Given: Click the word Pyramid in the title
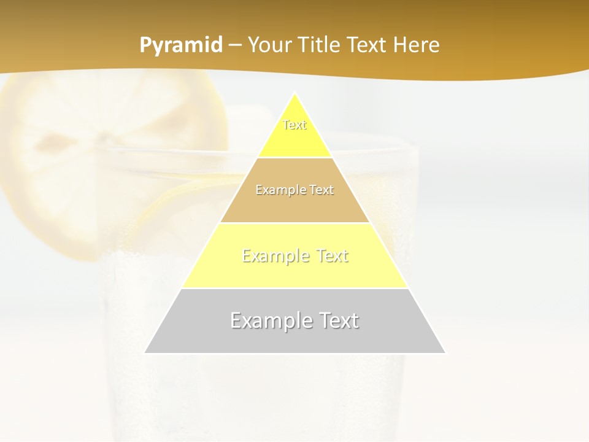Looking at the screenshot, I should (181, 45).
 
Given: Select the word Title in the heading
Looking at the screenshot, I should (321, 45).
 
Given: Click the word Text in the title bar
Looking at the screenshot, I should (369, 45).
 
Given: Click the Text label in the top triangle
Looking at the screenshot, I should (294, 125).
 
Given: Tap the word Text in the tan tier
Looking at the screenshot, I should (321, 190).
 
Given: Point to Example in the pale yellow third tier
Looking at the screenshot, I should (275, 256).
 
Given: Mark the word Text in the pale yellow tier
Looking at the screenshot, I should (332, 256).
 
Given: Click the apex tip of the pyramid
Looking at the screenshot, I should (295, 94).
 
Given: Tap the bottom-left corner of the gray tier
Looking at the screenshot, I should (145, 352).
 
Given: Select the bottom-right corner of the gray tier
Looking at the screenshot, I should (445, 352).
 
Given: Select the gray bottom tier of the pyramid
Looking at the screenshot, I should (294, 341).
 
